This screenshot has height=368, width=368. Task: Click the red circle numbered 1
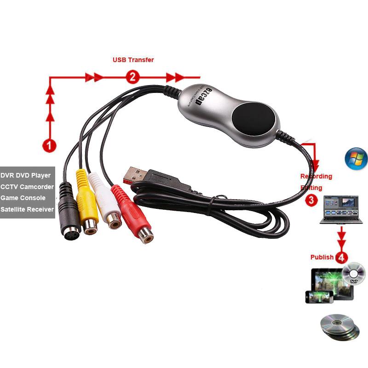[x=49, y=146]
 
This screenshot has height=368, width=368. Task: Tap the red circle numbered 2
[x=132, y=77]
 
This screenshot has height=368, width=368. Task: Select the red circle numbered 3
[x=311, y=200]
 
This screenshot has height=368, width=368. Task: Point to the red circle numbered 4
[x=341, y=257]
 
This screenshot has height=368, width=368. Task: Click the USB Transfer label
[x=133, y=60]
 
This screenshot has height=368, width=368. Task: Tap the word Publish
[x=322, y=257]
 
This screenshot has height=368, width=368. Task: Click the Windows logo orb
[x=356, y=158]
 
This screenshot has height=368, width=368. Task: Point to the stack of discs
[x=339, y=328]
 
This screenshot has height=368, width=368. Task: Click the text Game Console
[x=23, y=198]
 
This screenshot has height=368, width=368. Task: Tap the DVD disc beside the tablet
[x=353, y=275]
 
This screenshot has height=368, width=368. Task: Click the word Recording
[x=316, y=176]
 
